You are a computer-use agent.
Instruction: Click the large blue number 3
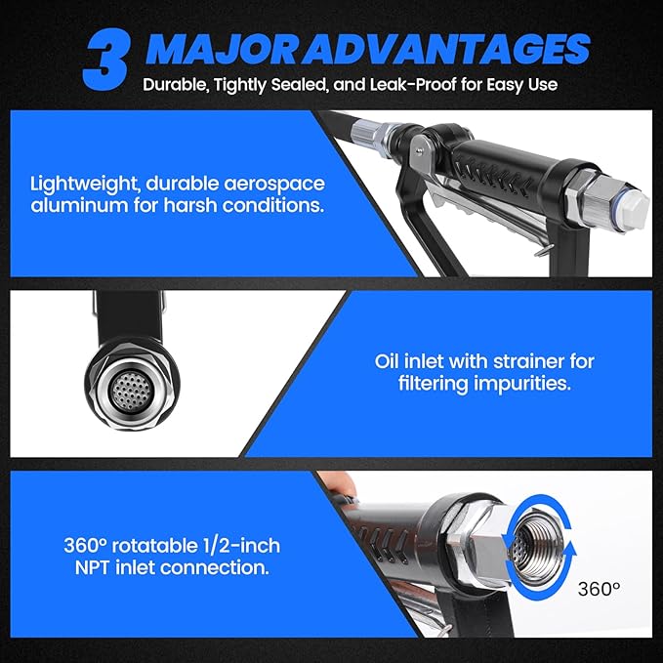point(105,60)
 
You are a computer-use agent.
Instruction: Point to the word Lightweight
point(84,185)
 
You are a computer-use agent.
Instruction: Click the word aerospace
point(274,185)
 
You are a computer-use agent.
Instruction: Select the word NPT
point(93,567)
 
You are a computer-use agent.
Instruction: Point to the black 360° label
point(599,589)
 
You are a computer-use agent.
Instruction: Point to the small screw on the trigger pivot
point(419,150)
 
